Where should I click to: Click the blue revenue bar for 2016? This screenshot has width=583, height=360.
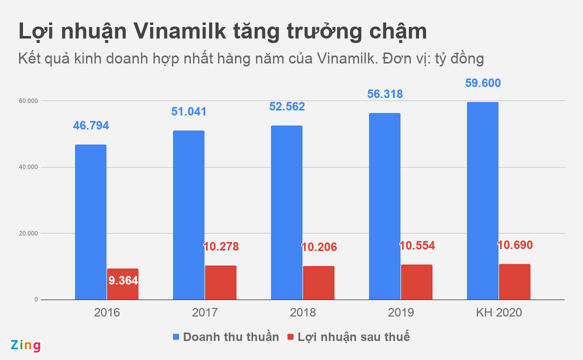click(91, 222)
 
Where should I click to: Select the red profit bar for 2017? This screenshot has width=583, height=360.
click(220, 283)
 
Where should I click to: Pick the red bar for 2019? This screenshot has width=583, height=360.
click(416, 282)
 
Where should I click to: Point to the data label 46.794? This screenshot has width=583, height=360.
click(91, 125)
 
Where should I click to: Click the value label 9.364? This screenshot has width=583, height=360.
click(123, 281)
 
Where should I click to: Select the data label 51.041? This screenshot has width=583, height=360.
click(189, 112)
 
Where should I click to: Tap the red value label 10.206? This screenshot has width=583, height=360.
click(319, 247)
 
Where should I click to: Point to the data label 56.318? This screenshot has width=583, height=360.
click(385, 94)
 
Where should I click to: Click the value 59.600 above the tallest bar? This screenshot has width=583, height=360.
click(483, 83)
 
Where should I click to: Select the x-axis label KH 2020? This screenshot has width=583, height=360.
click(499, 313)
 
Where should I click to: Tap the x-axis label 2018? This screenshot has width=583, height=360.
click(302, 313)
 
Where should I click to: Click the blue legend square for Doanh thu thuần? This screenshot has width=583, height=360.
click(176, 337)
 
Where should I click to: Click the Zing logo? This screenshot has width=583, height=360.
click(26, 345)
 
